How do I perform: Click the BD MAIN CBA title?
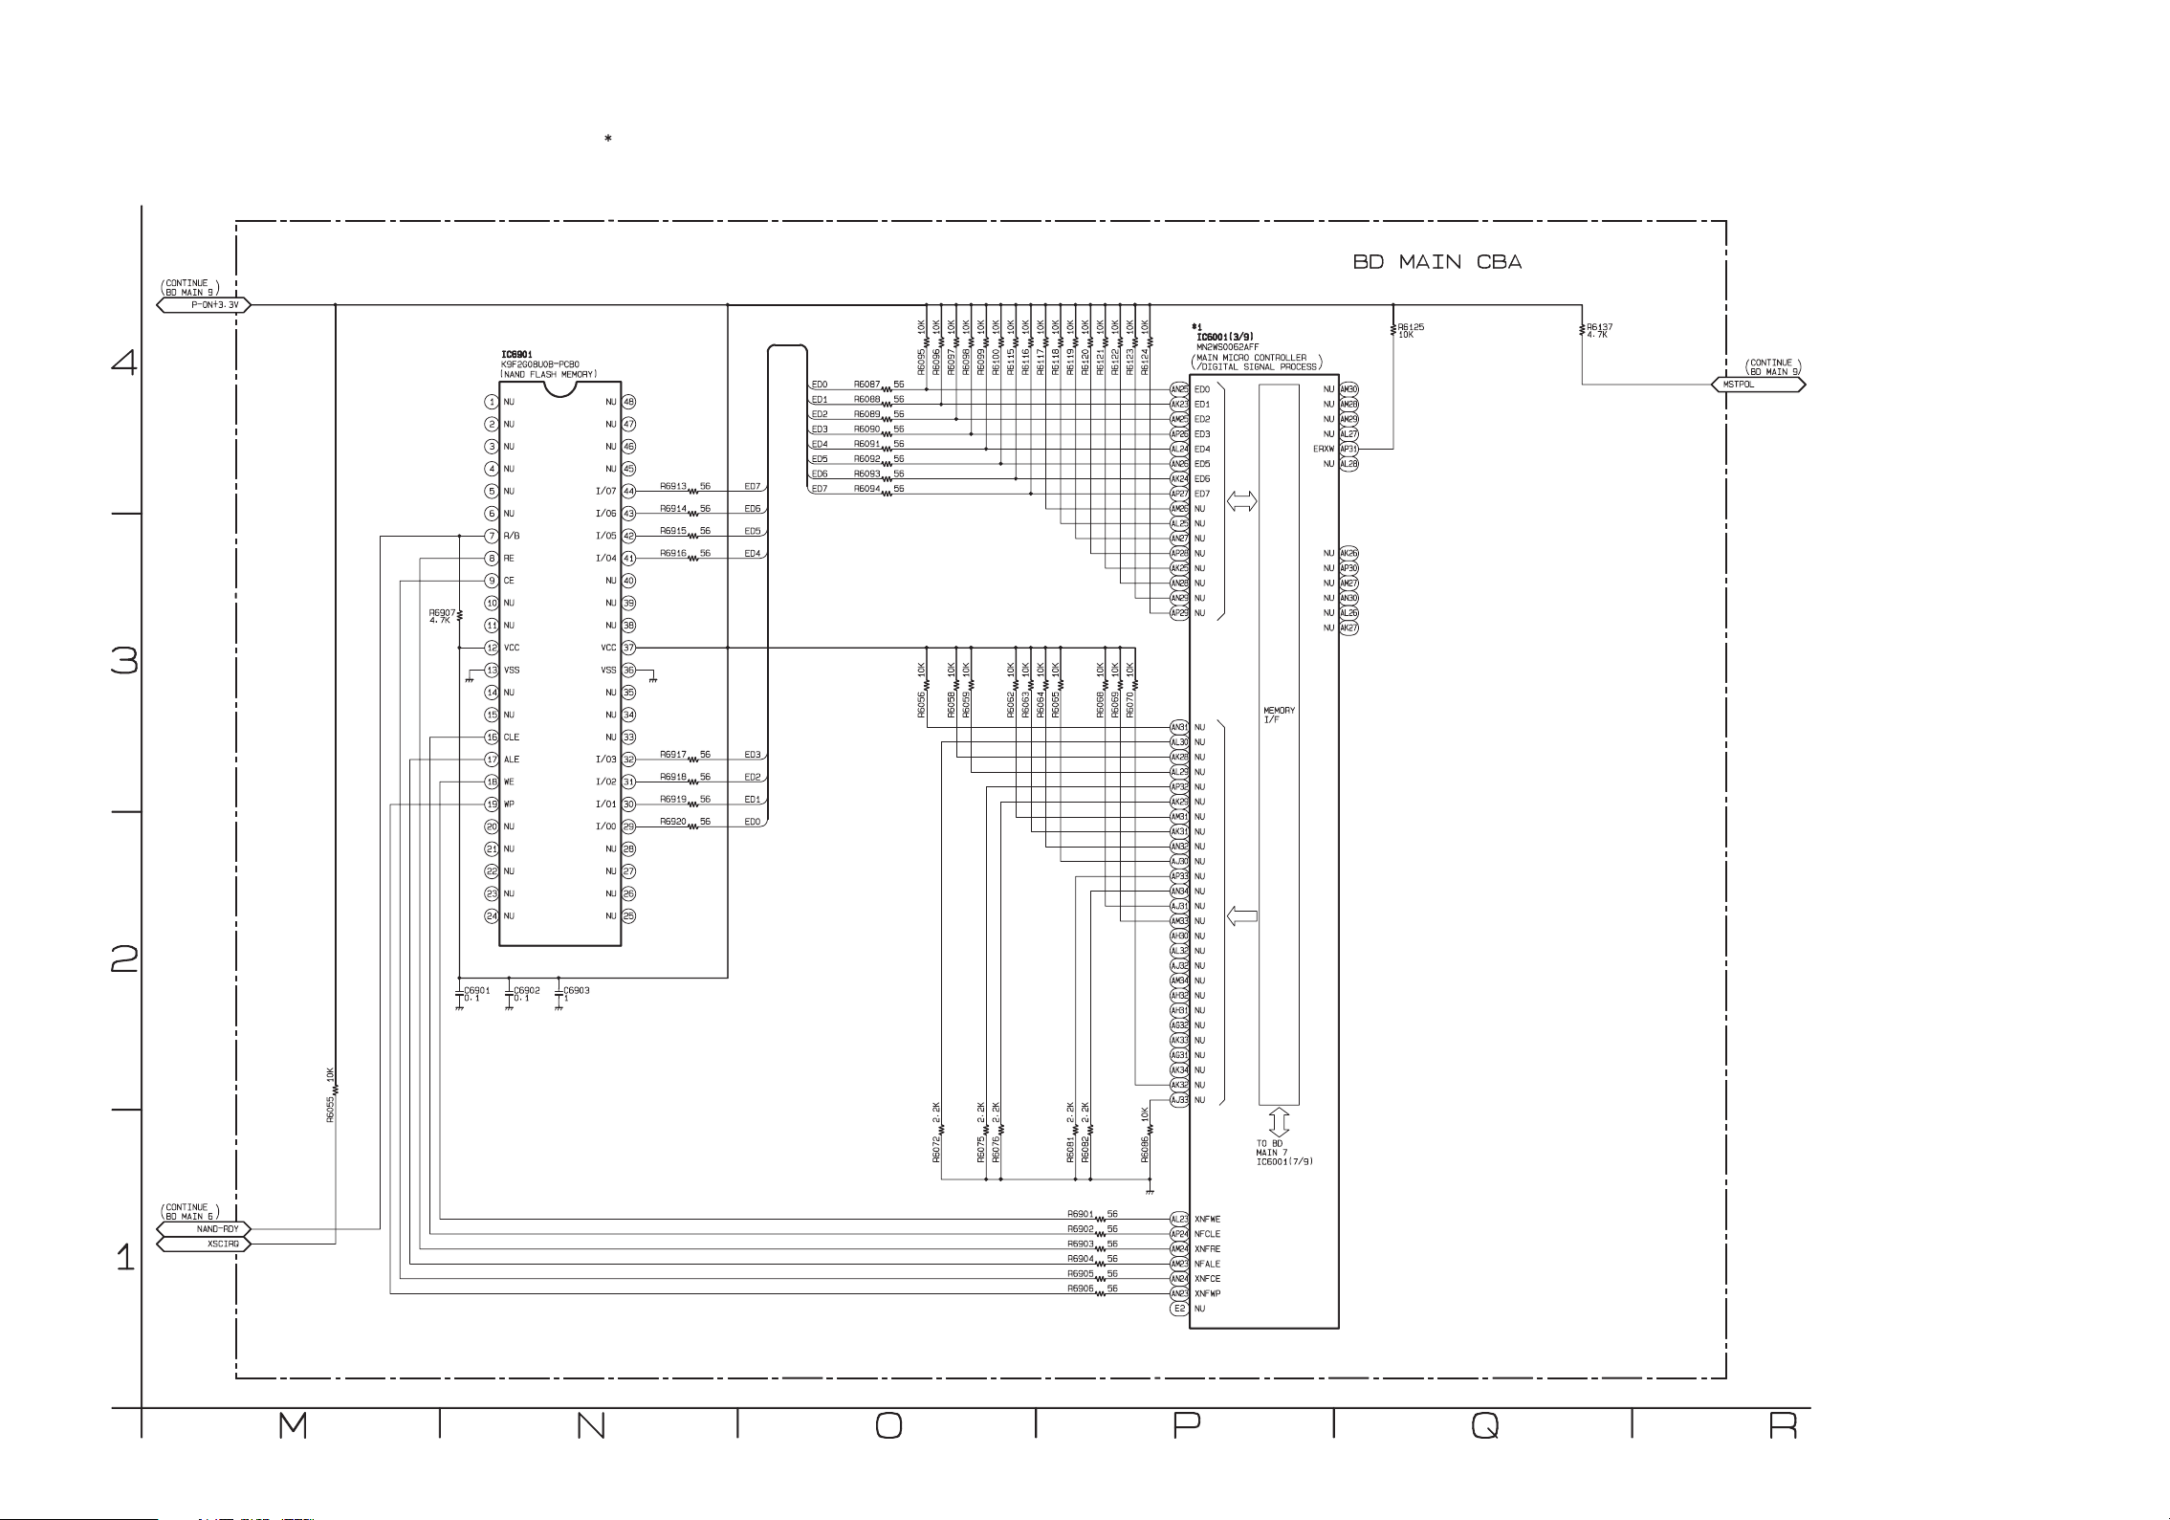coord(1436,262)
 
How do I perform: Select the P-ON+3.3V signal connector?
coord(204,305)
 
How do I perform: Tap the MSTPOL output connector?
coord(1757,385)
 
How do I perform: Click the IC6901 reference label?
coord(516,355)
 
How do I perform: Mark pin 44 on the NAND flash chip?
coord(629,492)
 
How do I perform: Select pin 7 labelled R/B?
coord(492,536)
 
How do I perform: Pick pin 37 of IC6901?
coord(629,648)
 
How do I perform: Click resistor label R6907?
coord(442,612)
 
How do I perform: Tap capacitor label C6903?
coord(577,990)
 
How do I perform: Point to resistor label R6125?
coord(1411,327)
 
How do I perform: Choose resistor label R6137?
coord(1599,327)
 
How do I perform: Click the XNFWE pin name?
coord(1207,1220)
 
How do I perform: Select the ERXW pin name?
coord(1324,449)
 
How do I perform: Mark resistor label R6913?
coord(673,487)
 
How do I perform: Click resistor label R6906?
coord(1081,1289)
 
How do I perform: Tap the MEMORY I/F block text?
coord(1279,715)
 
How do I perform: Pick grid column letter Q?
coord(1485,1426)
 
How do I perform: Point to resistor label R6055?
coord(331,1109)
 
